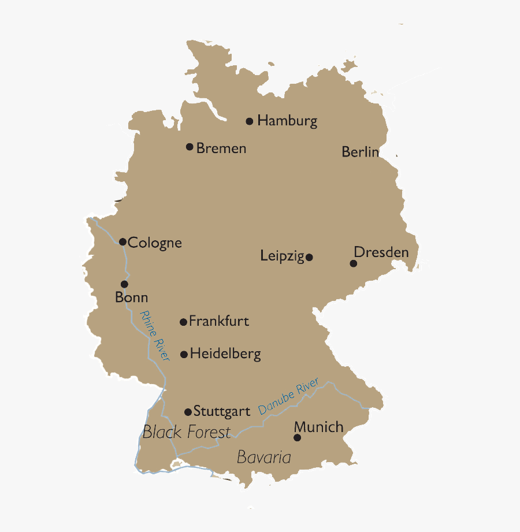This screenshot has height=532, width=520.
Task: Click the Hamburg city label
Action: [x=287, y=121]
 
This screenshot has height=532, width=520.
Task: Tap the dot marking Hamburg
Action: [x=250, y=121]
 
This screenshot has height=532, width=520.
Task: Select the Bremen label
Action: [x=221, y=148]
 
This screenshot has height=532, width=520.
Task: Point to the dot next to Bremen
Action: [x=190, y=147]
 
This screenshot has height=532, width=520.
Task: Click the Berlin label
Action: [x=361, y=152]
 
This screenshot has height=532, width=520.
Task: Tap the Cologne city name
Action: [x=155, y=243]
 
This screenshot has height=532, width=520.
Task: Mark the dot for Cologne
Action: [x=122, y=241]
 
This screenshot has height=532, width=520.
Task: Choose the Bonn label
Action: [x=132, y=298]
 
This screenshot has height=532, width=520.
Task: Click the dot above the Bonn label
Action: [x=124, y=284]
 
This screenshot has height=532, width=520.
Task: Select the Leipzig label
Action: [x=282, y=256]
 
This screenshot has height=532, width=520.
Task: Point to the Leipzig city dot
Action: [x=310, y=257]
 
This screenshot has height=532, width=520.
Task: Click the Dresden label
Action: [x=381, y=252]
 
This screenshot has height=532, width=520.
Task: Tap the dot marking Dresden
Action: [x=354, y=263]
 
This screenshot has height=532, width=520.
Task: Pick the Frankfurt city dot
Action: [x=183, y=322]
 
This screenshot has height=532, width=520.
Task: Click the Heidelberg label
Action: [x=225, y=354]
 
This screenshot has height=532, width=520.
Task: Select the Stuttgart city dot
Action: [x=188, y=412]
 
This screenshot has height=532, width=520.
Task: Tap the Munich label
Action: [x=319, y=427]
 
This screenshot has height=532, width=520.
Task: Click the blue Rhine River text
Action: [x=155, y=336]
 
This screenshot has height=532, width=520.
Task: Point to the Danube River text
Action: [x=288, y=396]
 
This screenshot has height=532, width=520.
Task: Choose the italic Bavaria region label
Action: [x=263, y=457]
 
